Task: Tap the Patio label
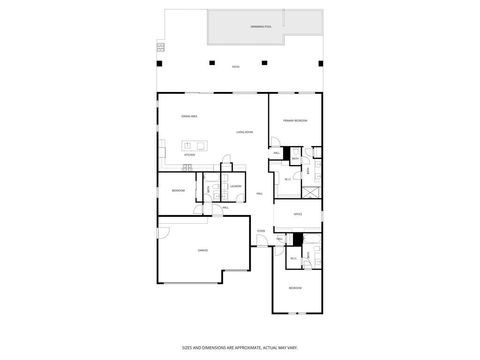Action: [235, 67]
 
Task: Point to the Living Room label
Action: [243, 132]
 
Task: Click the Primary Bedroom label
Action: [295, 120]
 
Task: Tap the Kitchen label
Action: [187, 155]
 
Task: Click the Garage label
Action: [202, 250]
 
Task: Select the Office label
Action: [297, 215]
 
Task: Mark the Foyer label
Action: [261, 232]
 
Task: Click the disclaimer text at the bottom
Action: [240, 348]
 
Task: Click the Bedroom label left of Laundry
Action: [178, 190]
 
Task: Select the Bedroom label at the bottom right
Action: [296, 288]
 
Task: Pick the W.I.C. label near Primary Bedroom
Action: [288, 179]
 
